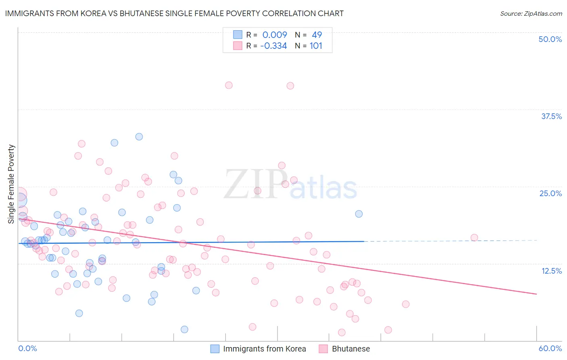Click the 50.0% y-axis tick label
click(550, 39)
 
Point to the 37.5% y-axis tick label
click(551, 116)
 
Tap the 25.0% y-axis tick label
click(550, 193)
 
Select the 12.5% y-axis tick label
click(551, 271)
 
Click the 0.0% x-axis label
click(27, 348)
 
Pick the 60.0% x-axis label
click(550, 348)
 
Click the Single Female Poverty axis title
click(11, 184)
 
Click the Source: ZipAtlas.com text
click(531, 13)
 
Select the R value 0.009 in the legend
click(275, 35)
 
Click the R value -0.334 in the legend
click(273, 46)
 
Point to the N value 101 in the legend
click(316, 46)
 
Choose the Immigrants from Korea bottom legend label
click(265, 349)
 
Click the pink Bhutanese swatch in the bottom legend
click(323, 349)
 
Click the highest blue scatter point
click(139, 137)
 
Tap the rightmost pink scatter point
click(474, 238)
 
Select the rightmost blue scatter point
click(359, 214)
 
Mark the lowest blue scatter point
click(184, 329)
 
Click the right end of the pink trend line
click(536, 294)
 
